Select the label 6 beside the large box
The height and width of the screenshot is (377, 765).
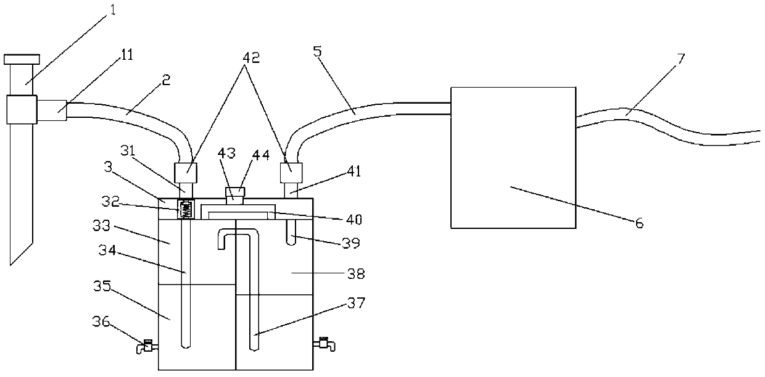coord(639,223)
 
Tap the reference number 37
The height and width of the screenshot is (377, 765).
coord(356,303)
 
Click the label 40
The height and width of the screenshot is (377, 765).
coord(354,218)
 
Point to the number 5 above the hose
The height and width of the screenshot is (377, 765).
coord(318,50)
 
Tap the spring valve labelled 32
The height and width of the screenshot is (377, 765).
coord(185,209)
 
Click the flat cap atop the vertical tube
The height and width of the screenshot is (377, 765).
coord(22,59)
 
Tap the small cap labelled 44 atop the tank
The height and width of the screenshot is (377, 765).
coord(236,192)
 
